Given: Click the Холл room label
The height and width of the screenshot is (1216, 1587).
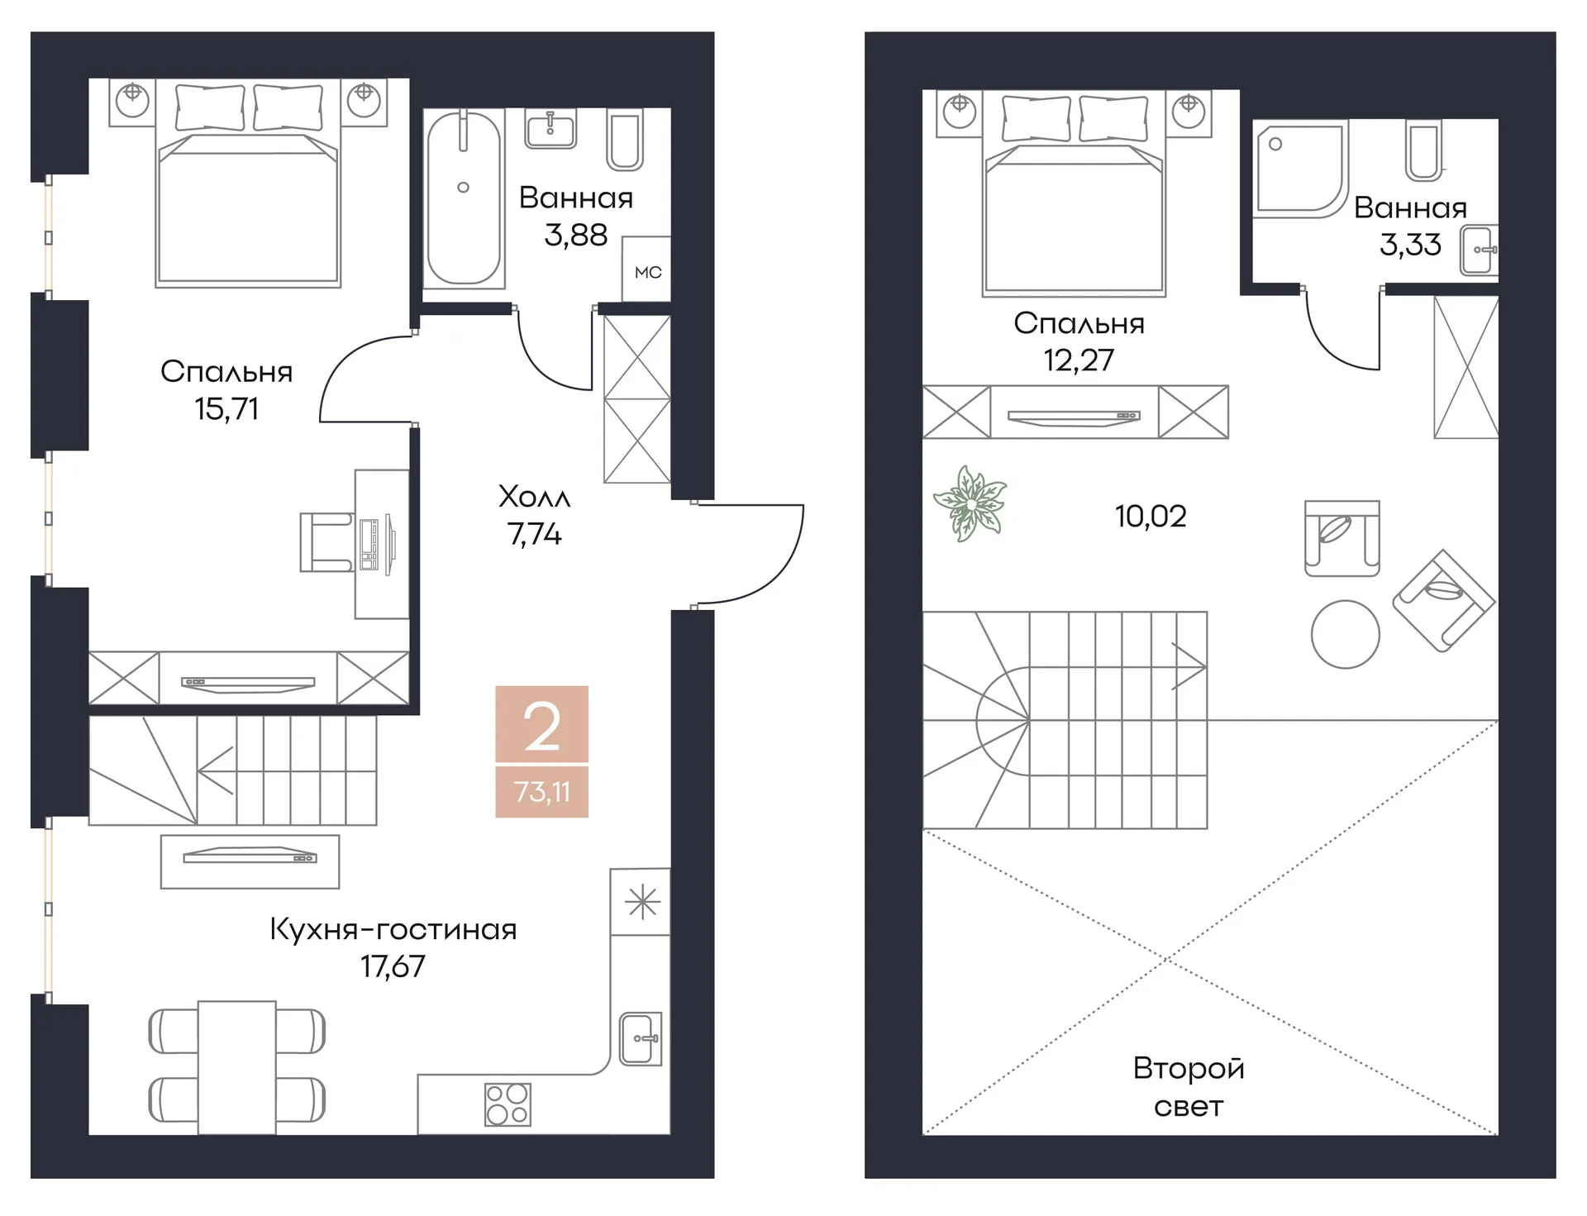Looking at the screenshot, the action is pos(534,497).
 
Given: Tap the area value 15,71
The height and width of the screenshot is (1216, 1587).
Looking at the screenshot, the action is pos(226,409).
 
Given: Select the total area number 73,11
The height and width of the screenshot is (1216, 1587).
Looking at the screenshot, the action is pos(541,792).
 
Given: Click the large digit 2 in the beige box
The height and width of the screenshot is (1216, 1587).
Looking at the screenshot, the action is pos(542,727).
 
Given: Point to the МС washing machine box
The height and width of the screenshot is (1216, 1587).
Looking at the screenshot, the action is pos(646,269).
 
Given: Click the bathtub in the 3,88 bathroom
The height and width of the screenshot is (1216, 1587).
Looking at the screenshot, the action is pos(463,198).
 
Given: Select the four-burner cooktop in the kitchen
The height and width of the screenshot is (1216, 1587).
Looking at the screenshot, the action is pos(508,1104).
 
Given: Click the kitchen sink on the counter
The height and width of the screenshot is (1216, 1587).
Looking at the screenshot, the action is pos(641,1038).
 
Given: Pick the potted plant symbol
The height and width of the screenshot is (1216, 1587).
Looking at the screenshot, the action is pos(970,503).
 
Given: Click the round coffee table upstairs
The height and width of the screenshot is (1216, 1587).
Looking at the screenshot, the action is pos(1345,634).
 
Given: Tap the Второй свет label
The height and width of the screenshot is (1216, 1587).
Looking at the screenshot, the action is pos(1189,1087).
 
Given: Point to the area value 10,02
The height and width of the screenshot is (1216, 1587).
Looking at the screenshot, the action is pos(1151,517).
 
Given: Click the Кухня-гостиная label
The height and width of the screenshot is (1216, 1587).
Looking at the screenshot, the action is pos(393,929).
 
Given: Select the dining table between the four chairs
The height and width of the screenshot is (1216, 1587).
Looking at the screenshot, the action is pos(236,1067).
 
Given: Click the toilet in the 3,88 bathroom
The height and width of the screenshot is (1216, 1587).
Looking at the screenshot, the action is pos(625,139).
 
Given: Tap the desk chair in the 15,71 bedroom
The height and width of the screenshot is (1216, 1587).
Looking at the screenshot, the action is pos(326,542).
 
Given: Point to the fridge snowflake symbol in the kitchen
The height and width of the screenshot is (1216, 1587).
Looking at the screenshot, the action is pos(642,901).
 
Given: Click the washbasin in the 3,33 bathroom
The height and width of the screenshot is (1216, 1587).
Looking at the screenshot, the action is pos(1480,250).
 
